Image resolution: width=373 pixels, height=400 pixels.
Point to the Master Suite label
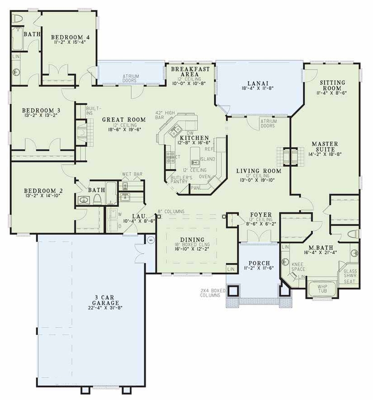pyautogui.click(x=325, y=148)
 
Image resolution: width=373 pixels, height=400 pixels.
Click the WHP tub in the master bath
pyautogui.click(x=322, y=289)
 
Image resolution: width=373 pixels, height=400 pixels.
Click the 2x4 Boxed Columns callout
pyautogui.click(x=211, y=293)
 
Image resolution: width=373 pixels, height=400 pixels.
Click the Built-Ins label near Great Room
pyautogui.click(x=93, y=109)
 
